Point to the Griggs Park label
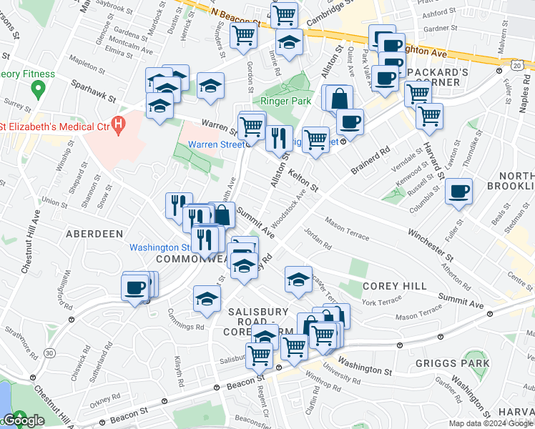click(x=451, y=363)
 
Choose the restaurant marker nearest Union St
click(x=179, y=204)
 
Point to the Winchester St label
click(x=431, y=244)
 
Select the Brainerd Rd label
click(x=373, y=162)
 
